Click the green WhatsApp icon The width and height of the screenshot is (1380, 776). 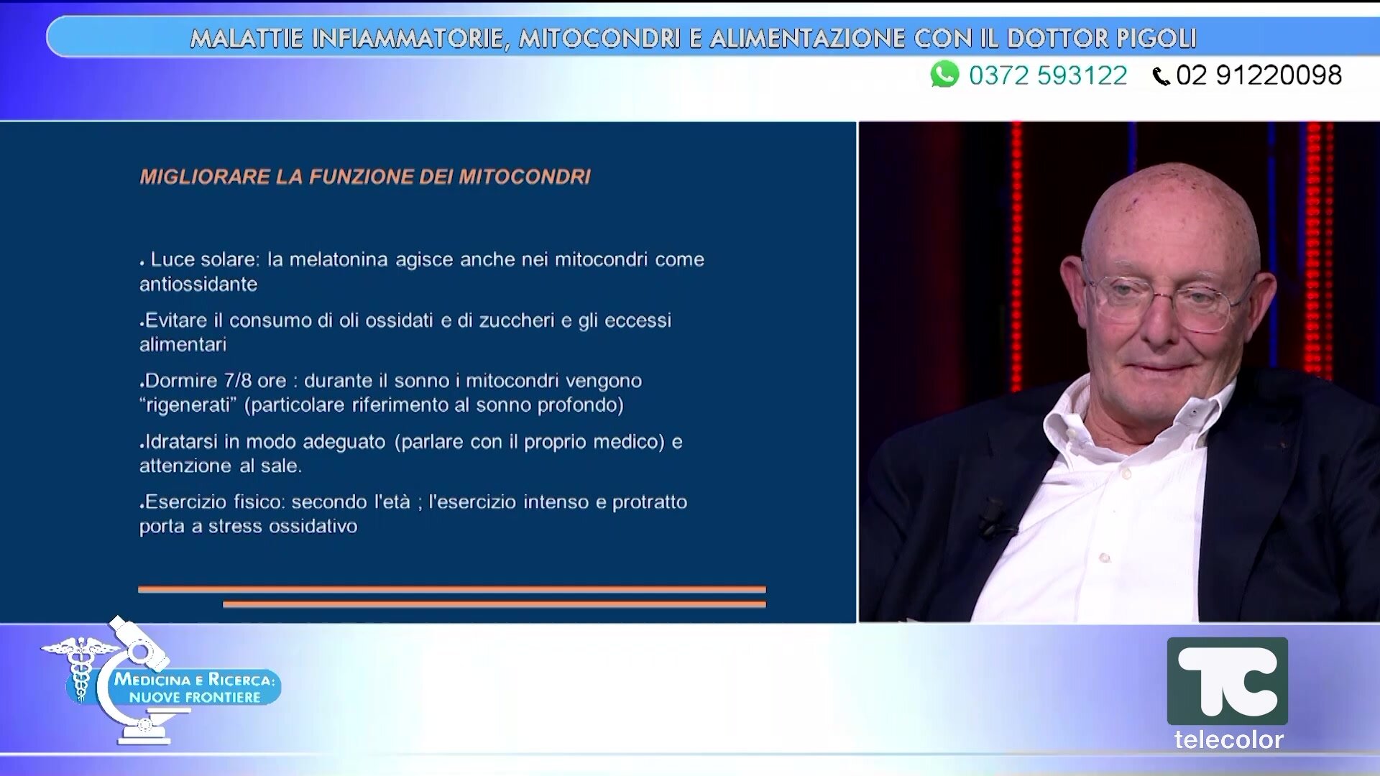point(944,74)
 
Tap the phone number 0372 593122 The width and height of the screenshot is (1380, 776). point(1048,75)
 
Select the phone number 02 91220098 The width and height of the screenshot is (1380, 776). point(1259,75)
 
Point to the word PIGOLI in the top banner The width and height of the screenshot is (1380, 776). point(1156,38)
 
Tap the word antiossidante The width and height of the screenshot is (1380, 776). point(198,285)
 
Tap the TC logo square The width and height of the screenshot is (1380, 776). point(1227,680)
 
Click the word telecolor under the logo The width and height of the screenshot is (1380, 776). point(1228,739)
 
